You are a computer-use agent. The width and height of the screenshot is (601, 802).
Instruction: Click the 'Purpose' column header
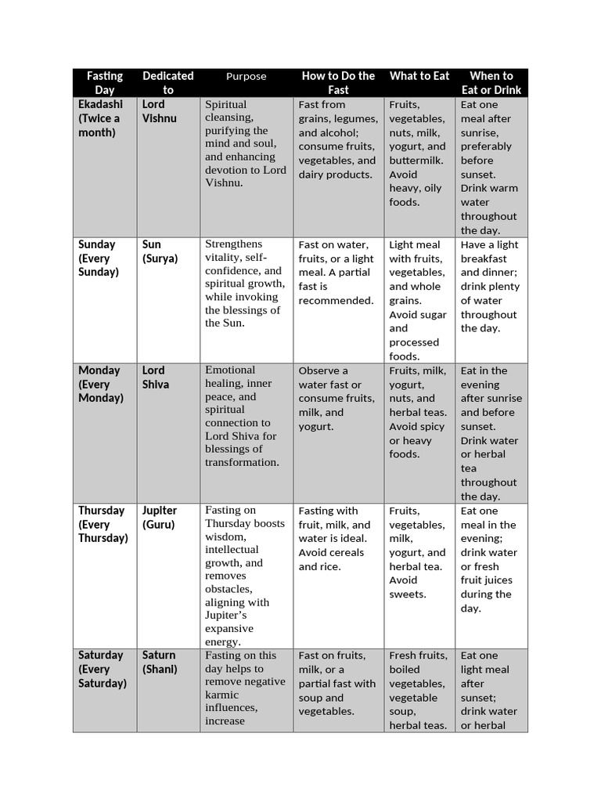(x=246, y=77)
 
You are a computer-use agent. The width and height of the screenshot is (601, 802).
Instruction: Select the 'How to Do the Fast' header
(x=338, y=83)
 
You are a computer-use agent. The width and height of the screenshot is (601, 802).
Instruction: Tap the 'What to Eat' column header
(x=419, y=76)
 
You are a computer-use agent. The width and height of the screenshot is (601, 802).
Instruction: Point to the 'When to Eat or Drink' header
(x=491, y=83)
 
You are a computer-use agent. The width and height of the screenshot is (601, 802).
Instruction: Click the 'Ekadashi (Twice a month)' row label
(x=99, y=118)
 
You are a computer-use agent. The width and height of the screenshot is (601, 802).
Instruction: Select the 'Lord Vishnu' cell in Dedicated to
(x=160, y=111)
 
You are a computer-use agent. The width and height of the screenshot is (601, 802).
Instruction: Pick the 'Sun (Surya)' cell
(x=160, y=251)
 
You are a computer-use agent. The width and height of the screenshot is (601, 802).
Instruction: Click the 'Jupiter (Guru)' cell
(x=160, y=518)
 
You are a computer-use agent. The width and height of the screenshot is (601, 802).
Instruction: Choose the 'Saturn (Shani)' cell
(x=160, y=662)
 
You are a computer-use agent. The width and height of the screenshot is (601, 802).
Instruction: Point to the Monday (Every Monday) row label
(x=100, y=384)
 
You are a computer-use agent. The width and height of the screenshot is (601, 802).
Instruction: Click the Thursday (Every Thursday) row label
(x=103, y=524)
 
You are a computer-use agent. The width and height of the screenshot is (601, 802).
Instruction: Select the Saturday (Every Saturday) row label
(x=102, y=669)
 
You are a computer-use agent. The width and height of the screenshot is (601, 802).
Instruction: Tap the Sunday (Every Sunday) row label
(x=99, y=258)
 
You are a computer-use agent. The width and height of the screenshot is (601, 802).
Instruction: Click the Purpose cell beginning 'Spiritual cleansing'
(x=245, y=143)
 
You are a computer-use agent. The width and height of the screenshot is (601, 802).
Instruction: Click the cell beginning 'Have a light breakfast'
(x=490, y=287)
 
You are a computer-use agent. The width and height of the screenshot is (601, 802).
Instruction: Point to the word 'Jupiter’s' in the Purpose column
(x=226, y=616)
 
